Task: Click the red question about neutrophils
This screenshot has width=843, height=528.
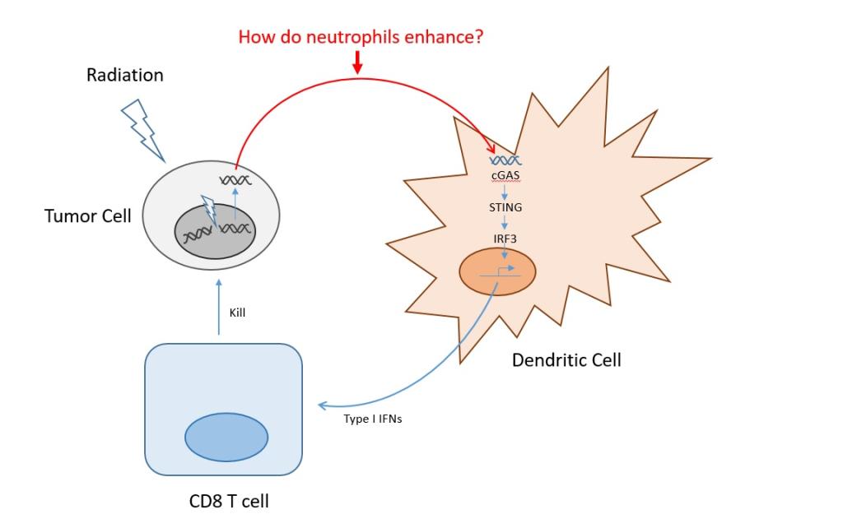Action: point(361,37)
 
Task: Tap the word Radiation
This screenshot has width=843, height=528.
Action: point(125,75)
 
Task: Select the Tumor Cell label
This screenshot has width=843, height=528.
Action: point(87,217)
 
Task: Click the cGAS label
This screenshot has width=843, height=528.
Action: point(505,176)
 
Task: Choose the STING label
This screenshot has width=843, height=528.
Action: point(505,207)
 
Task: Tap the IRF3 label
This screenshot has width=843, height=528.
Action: point(505,239)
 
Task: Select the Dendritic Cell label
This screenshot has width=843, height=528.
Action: point(566,359)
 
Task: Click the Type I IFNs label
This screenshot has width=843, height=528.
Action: point(372,419)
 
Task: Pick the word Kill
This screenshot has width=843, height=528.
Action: point(238,313)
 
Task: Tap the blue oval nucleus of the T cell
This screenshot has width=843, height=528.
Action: point(226,437)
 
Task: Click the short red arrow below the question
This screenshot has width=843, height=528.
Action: point(357,63)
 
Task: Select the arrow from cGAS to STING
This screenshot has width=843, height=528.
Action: point(505,192)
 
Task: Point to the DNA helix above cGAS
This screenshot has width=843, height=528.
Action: point(505,161)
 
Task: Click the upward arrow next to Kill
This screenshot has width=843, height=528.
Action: point(218,308)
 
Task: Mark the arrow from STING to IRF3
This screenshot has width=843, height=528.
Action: point(505,223)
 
